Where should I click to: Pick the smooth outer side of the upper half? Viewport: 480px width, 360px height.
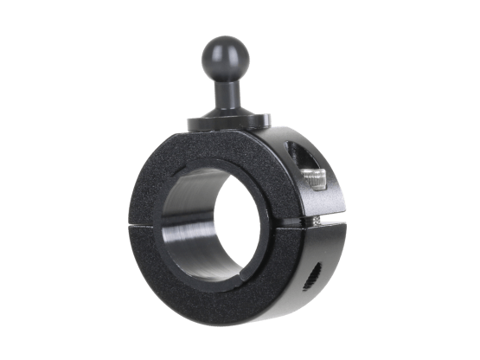[x=285, y=143]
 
